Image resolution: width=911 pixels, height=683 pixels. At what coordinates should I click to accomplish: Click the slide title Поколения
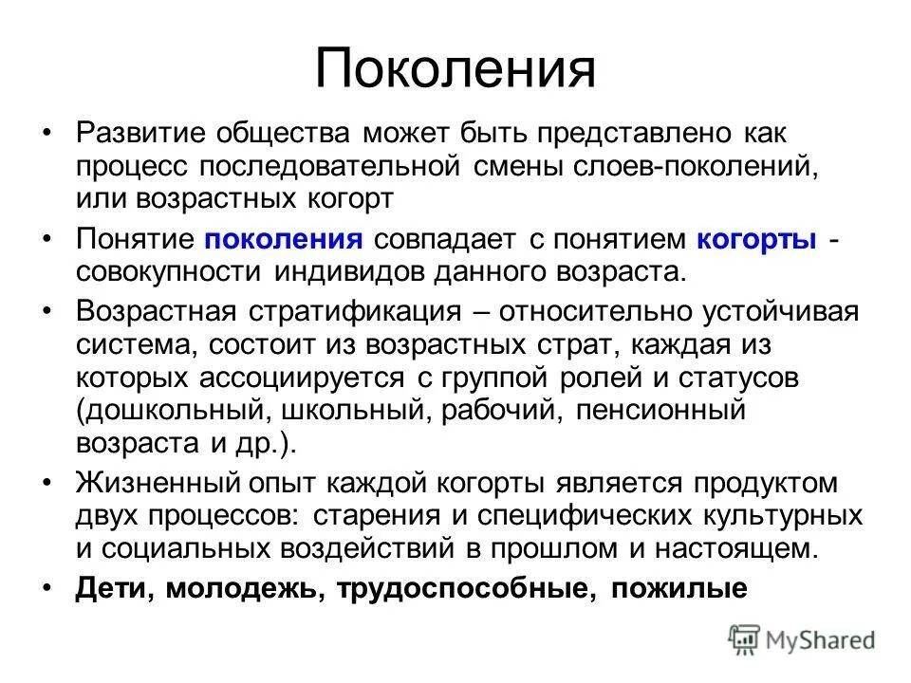455,69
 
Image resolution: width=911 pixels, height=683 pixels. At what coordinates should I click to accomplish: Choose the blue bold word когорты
757,238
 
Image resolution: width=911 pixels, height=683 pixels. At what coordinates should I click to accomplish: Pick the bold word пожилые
679,589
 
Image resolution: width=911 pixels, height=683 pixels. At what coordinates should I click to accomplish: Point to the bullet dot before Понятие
48,239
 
